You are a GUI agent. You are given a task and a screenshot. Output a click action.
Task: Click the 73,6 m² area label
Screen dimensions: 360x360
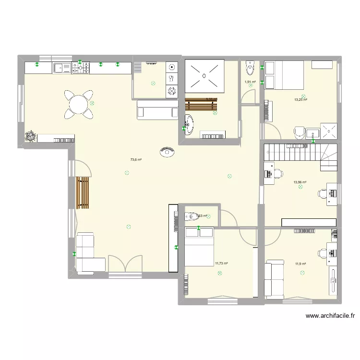click(136, 160)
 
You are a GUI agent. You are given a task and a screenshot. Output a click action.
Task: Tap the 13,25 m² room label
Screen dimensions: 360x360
click(300, 100)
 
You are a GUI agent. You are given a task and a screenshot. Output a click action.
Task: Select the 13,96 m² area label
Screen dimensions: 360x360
click(300, 182)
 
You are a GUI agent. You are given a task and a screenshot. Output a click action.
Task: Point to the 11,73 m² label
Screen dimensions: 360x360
click(221, 263)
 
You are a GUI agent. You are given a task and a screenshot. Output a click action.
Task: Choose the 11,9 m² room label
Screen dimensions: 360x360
click(300, 264)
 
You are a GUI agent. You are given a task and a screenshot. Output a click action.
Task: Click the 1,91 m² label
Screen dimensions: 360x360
click(250, 82)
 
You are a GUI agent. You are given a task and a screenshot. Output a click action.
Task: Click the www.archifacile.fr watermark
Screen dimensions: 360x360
click(330, 316)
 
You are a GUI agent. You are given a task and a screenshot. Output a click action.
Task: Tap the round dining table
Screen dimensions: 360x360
click(78, 104)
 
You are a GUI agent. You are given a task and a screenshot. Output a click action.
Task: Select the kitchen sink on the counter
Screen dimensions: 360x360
click(61, 68)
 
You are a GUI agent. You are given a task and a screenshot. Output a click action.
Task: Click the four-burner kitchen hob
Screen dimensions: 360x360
click(81, 68)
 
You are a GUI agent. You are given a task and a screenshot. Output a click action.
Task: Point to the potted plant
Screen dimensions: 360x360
click(31, 136)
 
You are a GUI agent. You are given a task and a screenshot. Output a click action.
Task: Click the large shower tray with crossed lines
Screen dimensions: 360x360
click(204, 75)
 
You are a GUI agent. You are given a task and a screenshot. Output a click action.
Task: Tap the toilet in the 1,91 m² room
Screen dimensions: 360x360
click(250, 68)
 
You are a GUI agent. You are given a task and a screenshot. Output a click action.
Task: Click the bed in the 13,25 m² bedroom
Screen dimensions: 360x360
click(284, 75)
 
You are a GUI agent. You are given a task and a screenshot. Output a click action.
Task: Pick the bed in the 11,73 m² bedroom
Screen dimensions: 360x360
click(199, 246)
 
